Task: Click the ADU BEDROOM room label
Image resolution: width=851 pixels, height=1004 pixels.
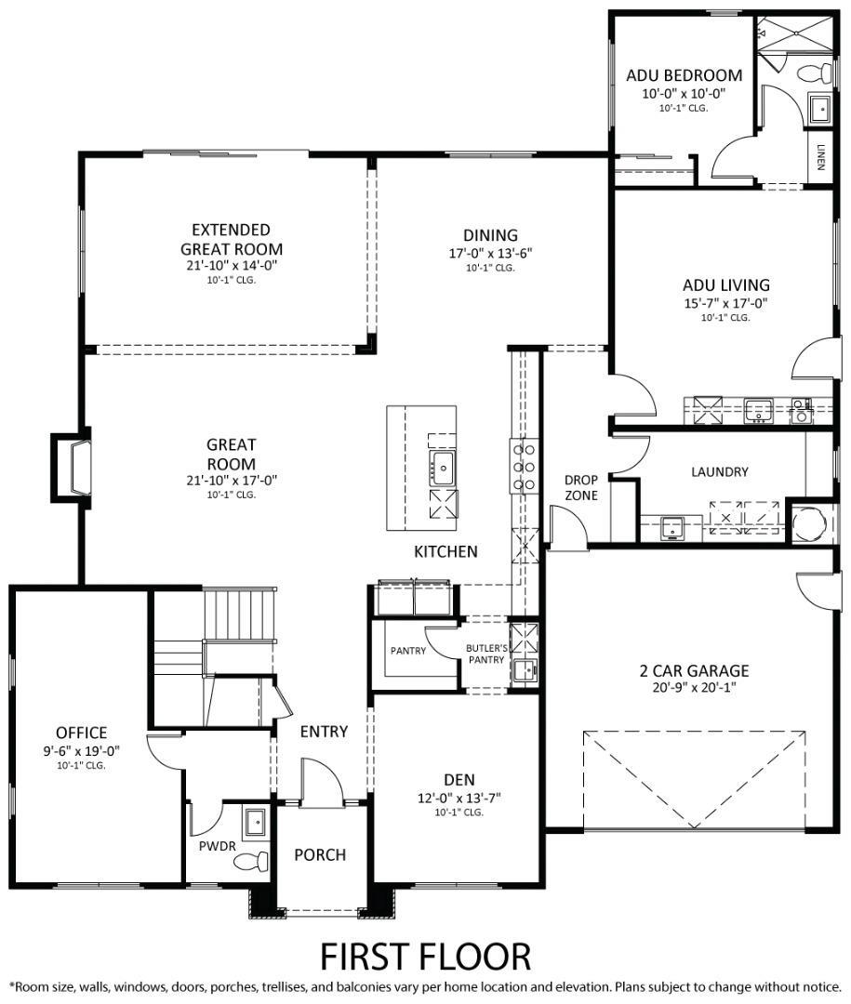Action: (x=684, y=75)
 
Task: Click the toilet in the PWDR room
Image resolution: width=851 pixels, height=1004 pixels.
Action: (x=250, y=861)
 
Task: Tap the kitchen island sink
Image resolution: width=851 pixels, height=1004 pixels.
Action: (x=441, y=468)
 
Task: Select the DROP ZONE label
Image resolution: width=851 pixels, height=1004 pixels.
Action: (x=581, y=488)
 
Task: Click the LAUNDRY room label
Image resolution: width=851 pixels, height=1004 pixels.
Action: (x=719, y=472)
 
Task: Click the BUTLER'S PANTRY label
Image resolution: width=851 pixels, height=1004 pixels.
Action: (x=486, y=654)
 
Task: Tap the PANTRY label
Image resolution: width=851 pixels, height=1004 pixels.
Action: (x=407, y=651)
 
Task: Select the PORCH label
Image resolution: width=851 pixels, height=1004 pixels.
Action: (x=320, y=854)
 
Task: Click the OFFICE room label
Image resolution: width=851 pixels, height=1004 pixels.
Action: (x=81, y=733)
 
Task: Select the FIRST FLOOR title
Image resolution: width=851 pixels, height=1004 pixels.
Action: (x=425, y=956)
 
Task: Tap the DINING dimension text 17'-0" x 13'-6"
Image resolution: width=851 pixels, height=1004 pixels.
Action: (x=490, y=253)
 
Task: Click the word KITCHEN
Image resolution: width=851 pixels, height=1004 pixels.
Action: (x=445, y=552)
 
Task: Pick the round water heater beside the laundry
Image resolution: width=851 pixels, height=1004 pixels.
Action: (x=805, y=522)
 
